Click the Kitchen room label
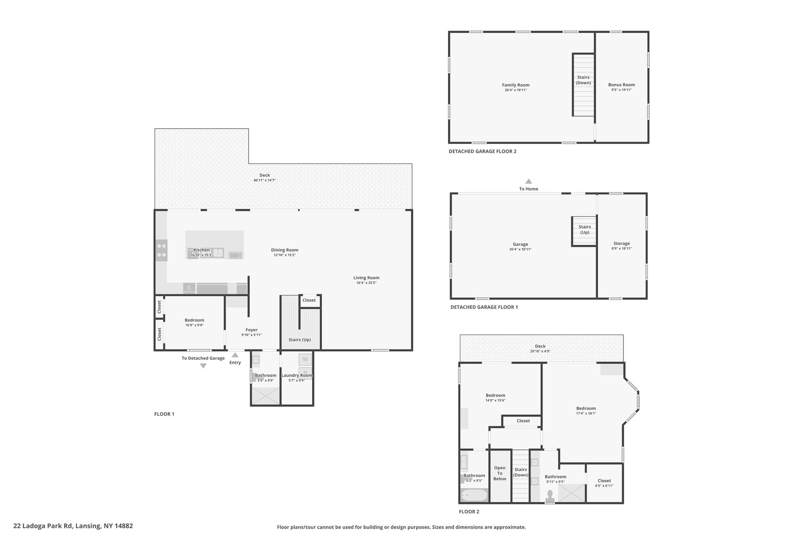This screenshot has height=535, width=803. click(202, 250)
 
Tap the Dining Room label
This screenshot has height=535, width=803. click(285, 250)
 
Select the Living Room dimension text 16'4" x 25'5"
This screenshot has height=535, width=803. click(366, 283)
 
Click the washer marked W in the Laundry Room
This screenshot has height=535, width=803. click(305, 359)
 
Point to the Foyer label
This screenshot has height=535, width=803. click(251, 330)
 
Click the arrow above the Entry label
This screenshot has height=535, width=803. click(235, 355)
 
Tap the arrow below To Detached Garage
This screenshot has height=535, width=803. click(203, 366)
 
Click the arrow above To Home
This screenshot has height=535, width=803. click(529, 181)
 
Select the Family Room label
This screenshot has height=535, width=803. click(516, 85)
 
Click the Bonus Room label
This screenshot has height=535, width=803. click(621, 85)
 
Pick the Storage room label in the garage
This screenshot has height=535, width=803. click(621, 243)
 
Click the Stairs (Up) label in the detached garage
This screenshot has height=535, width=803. click(585, 230)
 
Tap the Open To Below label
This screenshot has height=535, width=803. click(500, 473)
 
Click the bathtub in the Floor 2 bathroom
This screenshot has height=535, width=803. click(474, 495)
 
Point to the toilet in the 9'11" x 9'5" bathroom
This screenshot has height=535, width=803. click(550, 496)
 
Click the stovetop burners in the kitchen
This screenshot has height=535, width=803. click(162, 250)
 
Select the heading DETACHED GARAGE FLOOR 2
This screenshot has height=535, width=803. click(483, 151)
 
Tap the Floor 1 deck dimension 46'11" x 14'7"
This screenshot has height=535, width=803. click(265, 180)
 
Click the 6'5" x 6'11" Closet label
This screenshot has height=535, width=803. click(604, 481)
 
